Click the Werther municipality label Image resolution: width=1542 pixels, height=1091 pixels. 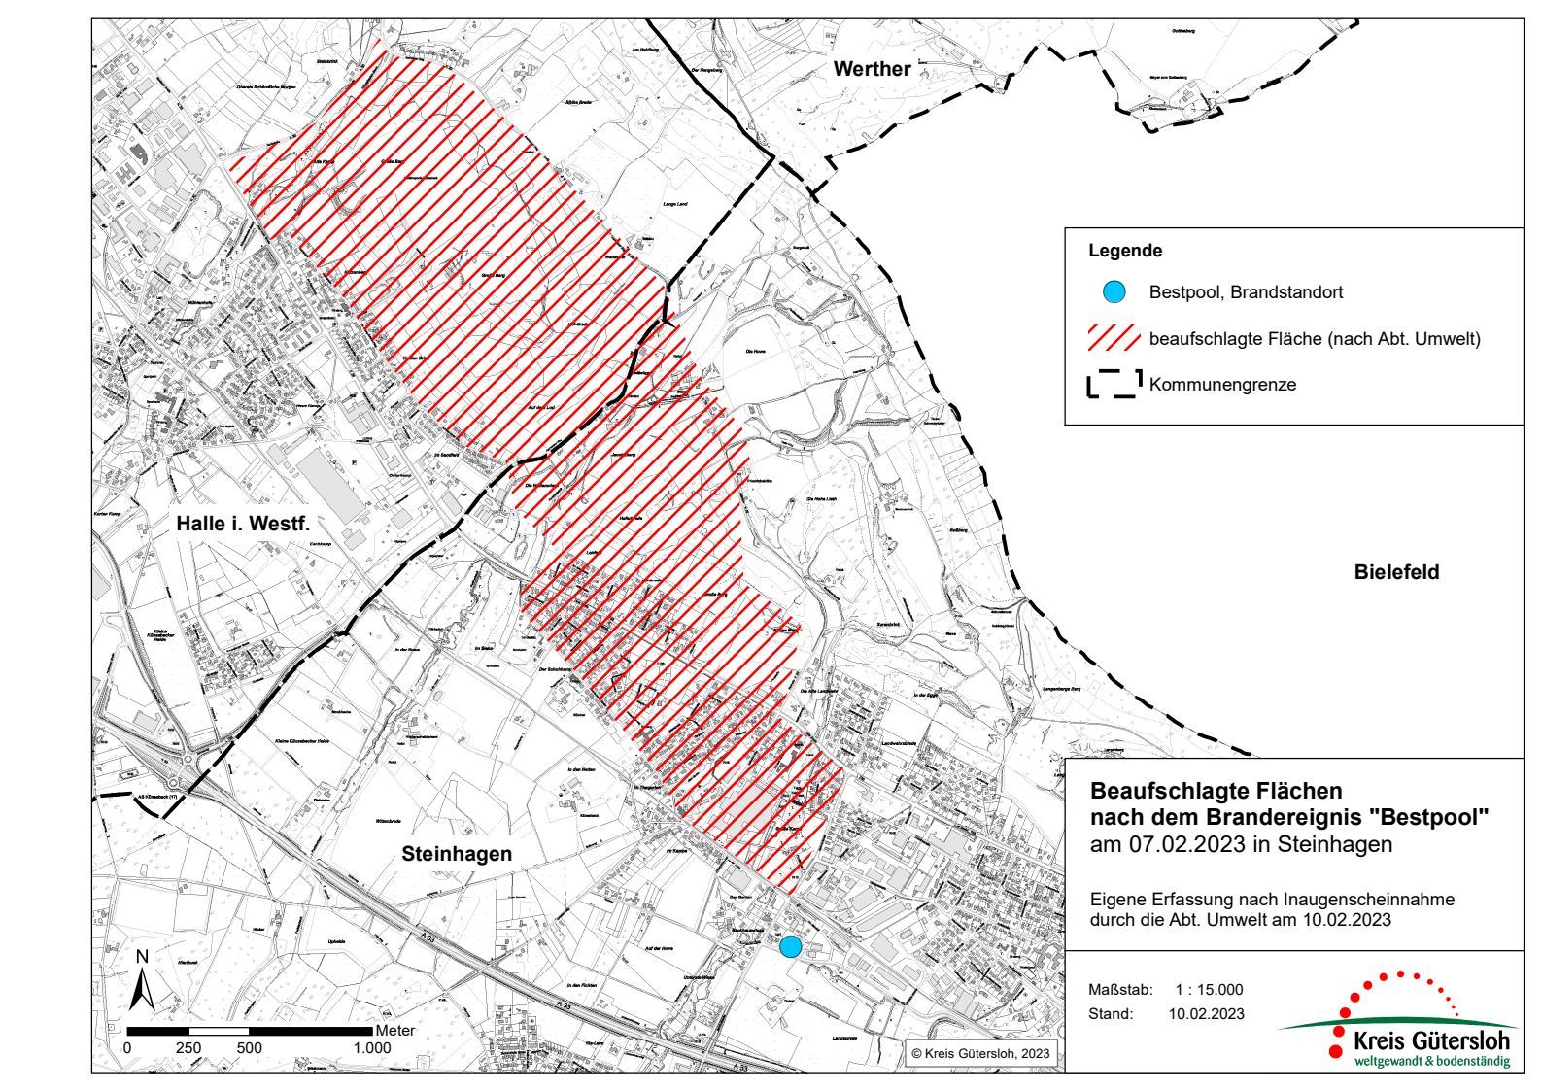(x=873, y=69)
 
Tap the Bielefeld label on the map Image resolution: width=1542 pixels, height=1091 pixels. (x=1396, y=572)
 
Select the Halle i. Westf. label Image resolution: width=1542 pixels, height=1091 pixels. (x=243, y=524)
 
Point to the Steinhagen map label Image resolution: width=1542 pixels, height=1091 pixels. (x=457, y=854)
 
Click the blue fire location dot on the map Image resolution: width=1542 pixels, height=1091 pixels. (x=791, y=945)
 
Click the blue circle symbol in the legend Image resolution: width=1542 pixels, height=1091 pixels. (x=1114, y=291)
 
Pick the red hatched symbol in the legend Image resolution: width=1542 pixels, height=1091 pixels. (x=1114, y=338)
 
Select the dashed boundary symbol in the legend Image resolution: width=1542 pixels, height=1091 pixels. (x=1114, y=384)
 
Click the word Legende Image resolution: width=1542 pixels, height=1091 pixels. (x=1125, y=251)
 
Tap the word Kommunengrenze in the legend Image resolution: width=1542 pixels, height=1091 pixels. (x=1222, y=385)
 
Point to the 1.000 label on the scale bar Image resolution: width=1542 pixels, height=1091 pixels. (x=371, y=1048)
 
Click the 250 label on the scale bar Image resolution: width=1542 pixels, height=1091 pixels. (x=188, y=1048)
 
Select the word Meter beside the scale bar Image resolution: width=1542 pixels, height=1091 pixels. (x=395, y=1031)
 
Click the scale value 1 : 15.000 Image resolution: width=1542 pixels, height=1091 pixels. (x=1208, y=990)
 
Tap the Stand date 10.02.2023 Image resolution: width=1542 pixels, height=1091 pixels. (x=1206, y=1014)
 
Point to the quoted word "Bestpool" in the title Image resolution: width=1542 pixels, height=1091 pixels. (x=1440, y=817)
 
